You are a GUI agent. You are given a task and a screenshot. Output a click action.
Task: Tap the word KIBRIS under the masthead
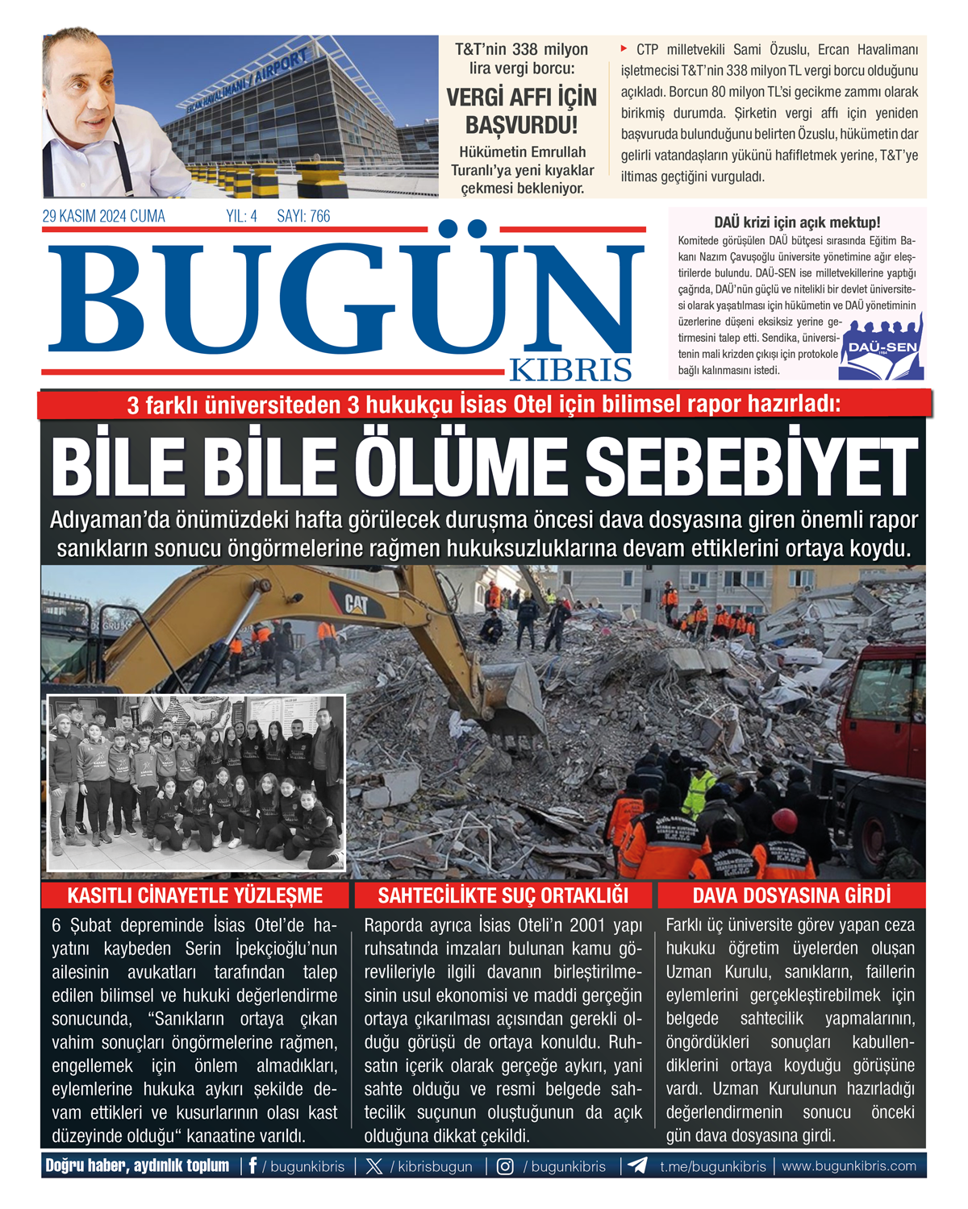click(x=570, y=370)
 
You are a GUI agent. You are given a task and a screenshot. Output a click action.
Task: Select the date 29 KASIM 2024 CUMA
click(x=103, y=216)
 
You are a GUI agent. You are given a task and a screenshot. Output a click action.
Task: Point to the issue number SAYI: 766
click(x=303, y=216)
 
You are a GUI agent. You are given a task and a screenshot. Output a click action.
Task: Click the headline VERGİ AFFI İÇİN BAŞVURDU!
click(x=522, y=111)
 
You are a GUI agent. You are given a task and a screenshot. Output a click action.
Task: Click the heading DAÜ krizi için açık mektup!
click(x=797, y=222)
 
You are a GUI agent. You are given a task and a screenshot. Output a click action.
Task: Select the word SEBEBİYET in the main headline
click(x=751, y=467)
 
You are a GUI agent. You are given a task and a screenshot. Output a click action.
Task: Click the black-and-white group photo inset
click(x=196, y=783)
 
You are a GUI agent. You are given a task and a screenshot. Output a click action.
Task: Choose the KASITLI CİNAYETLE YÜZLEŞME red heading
click(x=195, y=895)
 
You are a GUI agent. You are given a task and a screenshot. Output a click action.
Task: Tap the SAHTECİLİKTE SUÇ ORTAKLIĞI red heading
click(x=503, y=895)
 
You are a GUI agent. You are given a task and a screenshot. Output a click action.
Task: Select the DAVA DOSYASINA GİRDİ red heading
click(x=791, y=895)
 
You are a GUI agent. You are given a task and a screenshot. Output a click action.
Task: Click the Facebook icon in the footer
click(x=252, y=1165)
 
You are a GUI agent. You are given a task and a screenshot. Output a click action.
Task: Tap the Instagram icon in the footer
click(x=505, y=1166)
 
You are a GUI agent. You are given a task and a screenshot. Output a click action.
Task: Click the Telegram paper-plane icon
click(x=637, y=1165)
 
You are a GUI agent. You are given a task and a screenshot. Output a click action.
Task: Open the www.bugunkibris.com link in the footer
click(x=849, y=1165)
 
